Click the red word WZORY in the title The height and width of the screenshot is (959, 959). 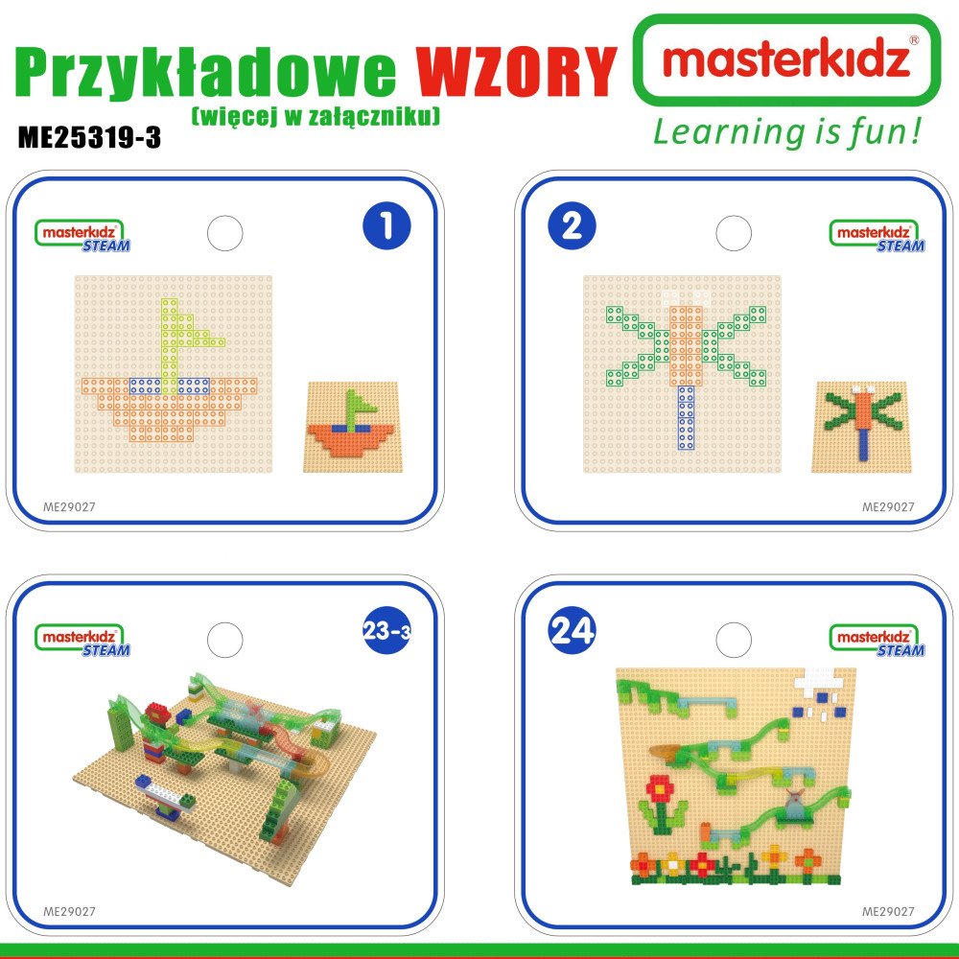click(516, 71)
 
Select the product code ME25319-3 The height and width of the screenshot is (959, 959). click(89, 137)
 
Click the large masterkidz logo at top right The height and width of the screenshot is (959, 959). click(786, 59)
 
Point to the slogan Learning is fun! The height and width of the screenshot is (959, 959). click(786, 132)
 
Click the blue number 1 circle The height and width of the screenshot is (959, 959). click(386, 225)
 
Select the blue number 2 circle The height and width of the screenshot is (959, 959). click(572, 225)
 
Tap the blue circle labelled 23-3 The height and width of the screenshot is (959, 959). click(386, 630)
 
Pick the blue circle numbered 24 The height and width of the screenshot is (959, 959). click(572, 630)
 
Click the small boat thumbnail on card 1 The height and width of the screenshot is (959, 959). click(350, 427)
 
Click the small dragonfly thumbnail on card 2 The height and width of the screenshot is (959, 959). click(861, 427)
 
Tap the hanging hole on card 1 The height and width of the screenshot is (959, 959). click(225, 233)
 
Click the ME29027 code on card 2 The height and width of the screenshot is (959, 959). click(888, 507)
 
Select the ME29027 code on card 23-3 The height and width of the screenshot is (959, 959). click(69, 911)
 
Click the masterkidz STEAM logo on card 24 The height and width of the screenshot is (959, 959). click(877, 641)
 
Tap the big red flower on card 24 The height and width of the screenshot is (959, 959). click(660, 788)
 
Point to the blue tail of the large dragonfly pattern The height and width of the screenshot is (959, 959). click(687, 418)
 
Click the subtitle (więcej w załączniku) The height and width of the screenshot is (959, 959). click(316, 116)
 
